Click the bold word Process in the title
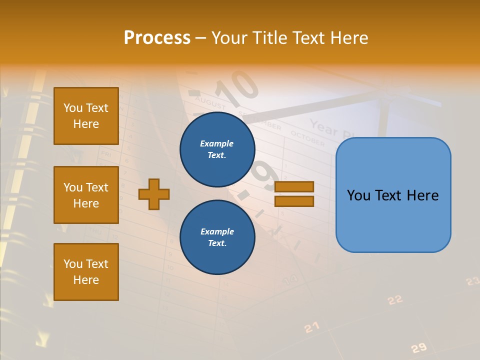point(157,38)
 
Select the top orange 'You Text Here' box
point(86,116)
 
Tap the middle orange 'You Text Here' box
point(86,195)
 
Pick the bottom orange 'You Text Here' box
point(86,272)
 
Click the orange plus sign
point(154,194)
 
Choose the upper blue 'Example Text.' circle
point(217,149)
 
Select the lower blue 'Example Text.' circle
point(217,237)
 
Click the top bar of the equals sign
point(294,186)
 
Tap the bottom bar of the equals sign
point(294,201)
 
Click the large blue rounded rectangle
point(393,195)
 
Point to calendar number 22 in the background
point(395,299)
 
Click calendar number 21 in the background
point(311,327)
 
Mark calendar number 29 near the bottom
point(418,348)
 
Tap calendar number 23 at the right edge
point(473,281)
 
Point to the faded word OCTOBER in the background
point(307,138)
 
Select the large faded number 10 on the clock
point(238,85)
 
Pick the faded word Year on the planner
point(324,128)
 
